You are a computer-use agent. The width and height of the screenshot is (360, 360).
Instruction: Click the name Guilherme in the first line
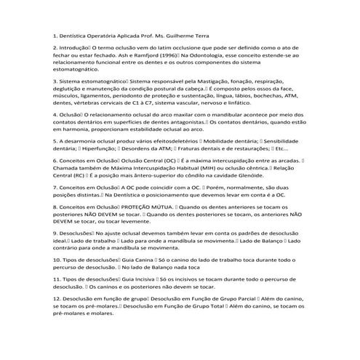[x=188, y=34]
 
